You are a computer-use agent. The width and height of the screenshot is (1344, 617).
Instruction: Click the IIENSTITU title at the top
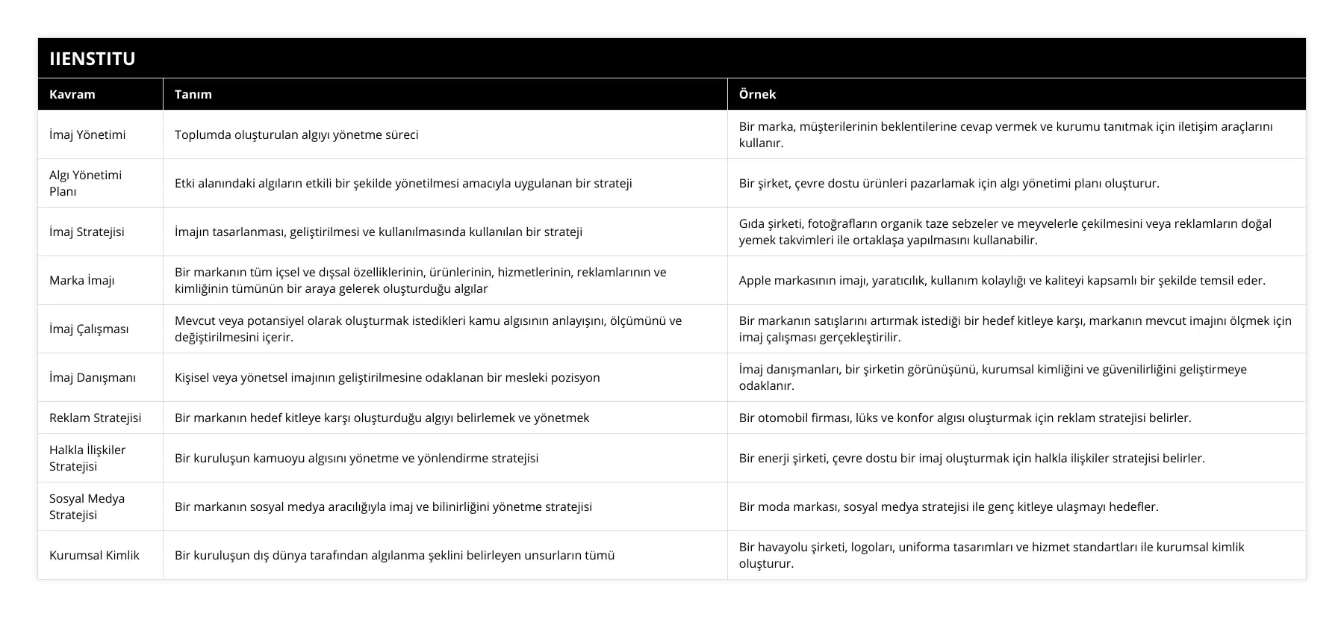click(x=92, y=58)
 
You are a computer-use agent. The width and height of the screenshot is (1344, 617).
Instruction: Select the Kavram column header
click(x=72, y=94)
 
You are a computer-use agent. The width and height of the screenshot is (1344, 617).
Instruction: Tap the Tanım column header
click(x=193, y=94)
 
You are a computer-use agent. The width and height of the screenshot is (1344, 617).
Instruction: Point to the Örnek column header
click(x=757, y=94)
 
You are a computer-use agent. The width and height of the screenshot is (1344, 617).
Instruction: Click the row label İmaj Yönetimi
click(x=87, y=134)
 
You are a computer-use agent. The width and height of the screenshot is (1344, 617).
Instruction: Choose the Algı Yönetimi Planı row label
click(x=85, y=183)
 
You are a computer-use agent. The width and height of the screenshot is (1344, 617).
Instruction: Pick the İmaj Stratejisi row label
click(x=87, y=232)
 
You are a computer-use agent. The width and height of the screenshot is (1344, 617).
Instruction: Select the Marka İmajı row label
click(x=81, y=280)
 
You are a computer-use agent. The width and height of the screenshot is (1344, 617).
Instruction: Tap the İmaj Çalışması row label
click(x=89, y=329)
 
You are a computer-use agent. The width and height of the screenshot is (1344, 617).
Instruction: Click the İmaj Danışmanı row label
click(x=93, y=377)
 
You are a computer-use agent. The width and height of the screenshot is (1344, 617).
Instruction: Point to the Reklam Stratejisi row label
click(x=95, y=418)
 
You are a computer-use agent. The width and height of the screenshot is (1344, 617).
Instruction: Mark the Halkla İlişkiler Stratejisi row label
click(x=87, y=458)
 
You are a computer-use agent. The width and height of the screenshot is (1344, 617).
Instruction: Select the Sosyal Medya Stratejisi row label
click(x=87, y=506)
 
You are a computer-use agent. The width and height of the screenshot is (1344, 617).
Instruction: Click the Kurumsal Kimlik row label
click(x=94, y=555)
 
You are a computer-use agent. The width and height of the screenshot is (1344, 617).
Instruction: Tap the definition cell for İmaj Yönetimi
click(x=296, y=134)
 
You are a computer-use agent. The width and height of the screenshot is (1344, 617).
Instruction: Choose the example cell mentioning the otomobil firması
click(x=965, y=418)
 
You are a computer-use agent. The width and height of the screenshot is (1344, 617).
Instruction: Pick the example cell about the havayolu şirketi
click(x=991, y=555)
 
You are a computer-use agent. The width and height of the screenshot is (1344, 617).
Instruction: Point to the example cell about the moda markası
click(x=948, y=506)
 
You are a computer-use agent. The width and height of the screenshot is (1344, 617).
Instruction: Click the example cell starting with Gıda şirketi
click(x=1004, y=232)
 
